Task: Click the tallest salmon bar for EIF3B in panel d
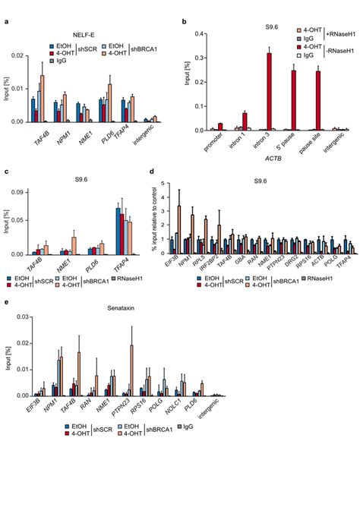pyautogui.click(x=179, y=228)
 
